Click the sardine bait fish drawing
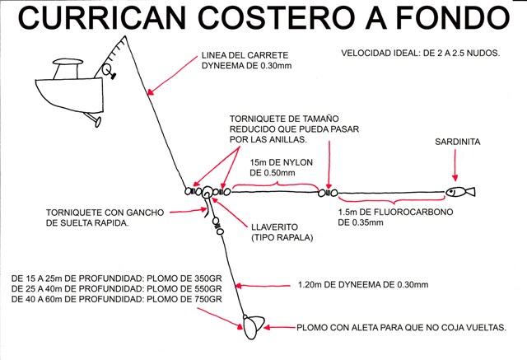pos(460,193)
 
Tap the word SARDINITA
pos(458,143)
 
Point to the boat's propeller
pos(95,123)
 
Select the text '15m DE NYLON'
pos(280,162)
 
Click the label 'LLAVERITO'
pos(277,226)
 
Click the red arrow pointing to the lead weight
pos(279,327)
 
